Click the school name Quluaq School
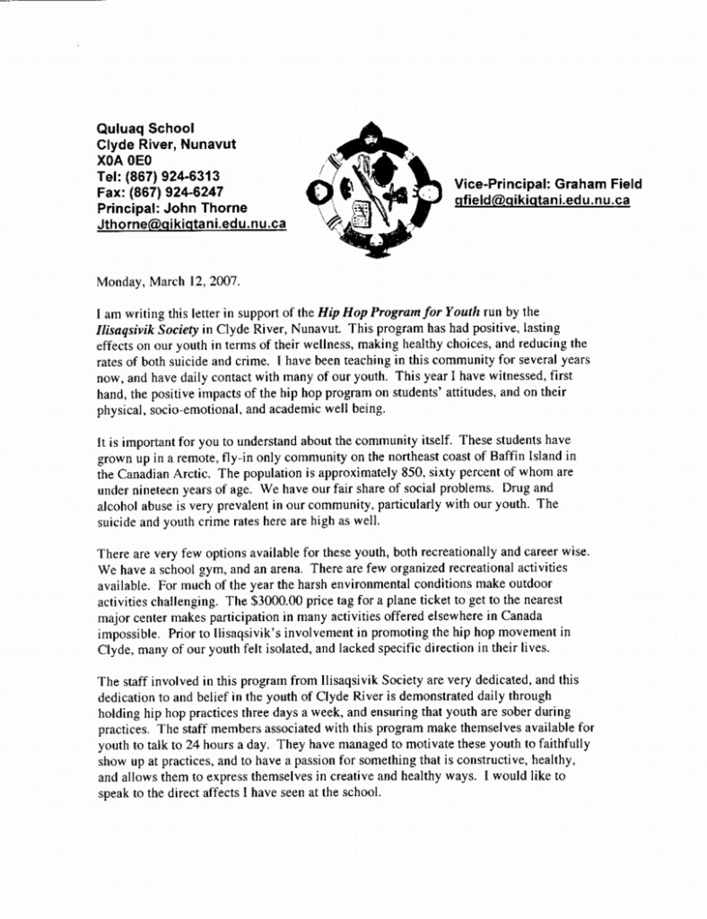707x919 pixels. (x=145, y=128)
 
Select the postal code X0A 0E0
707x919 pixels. (x=122, y=160)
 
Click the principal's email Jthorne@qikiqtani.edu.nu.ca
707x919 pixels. (x=191, y=223)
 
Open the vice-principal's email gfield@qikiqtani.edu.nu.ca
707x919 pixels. (x=542, y=200)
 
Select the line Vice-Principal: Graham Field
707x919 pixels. (x=548, y=184)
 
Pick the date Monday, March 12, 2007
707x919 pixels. (x=168, y=281)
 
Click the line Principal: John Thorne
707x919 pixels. (x=171, y=208)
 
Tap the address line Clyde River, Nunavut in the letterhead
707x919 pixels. (x=166, y=144)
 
